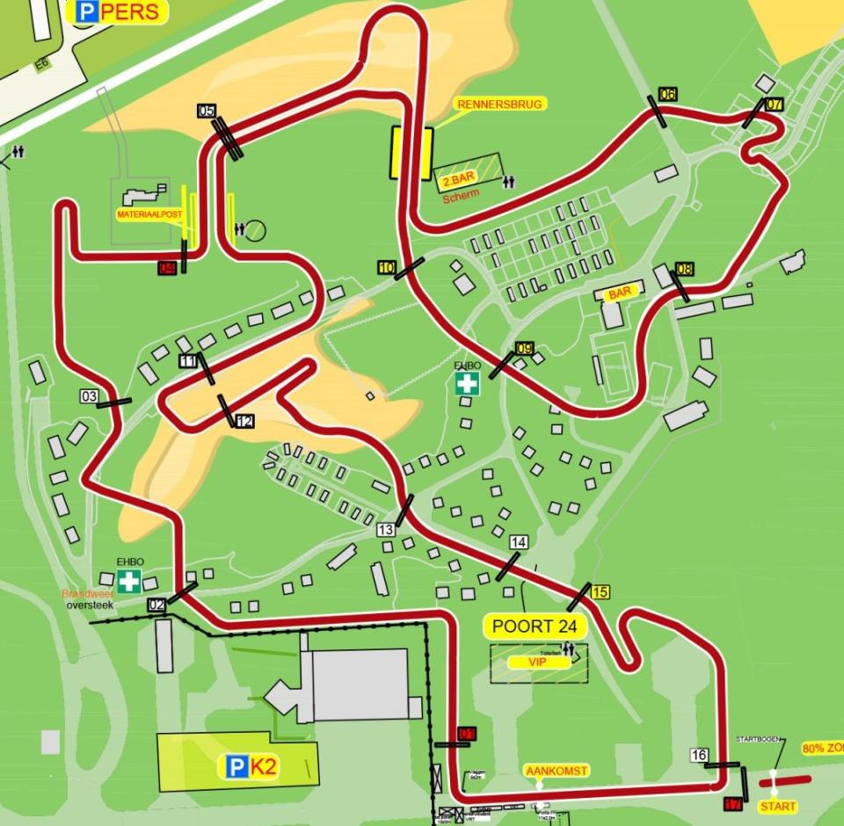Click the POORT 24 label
(535, 627)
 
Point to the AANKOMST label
(557, 771)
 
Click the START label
(778, 806)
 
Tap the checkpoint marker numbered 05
(207, 112)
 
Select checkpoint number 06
(667, 95)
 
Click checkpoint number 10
(387, 267)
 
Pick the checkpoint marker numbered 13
(386, 530)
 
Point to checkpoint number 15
(600, 591)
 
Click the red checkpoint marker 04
(168, 268)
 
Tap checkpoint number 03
(89, 396)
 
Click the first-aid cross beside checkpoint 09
(467, 383)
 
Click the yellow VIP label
(539, 663)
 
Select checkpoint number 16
(700, 755)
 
